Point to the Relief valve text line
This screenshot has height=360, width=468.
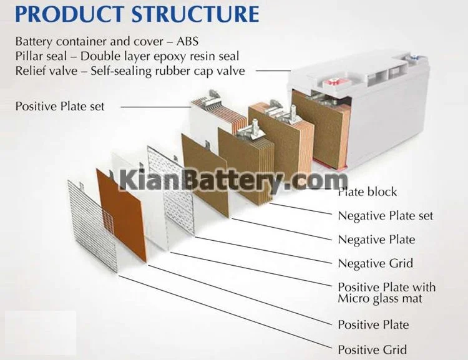pos(130,71)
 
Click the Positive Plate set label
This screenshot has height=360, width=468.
pos(60,106)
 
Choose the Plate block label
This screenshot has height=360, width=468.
pos(368,192)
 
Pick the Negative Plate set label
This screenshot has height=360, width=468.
pos(385,216)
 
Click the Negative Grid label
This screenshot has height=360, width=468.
pos(375,263)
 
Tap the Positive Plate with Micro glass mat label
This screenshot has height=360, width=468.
pos(386,293)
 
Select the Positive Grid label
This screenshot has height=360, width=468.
pos(373,349)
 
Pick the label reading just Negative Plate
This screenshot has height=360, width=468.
pos(376,240)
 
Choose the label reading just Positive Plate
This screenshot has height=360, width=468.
pos(373,324)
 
